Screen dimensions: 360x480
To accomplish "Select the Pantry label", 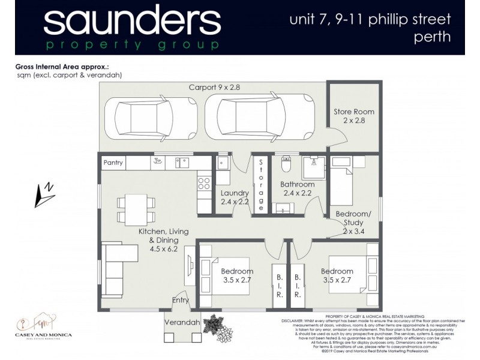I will [113, 163].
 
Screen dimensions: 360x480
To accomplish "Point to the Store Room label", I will [353, 116].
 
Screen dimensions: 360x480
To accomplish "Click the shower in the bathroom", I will [313, 167].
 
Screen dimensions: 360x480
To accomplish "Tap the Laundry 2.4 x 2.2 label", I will [234, 197].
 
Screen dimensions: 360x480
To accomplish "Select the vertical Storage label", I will [261, 184].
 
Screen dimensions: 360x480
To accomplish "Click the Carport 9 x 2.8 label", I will [215, 88].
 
